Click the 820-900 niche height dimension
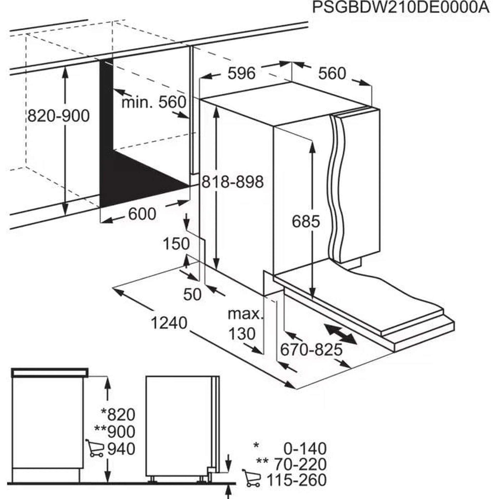[58, 116]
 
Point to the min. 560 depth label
[154, 102]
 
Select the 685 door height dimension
[306, 221]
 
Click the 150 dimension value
[176, 244]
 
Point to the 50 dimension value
[192, 294]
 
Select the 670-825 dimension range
[311, 350]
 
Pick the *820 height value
[118, 415]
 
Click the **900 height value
[115, 432]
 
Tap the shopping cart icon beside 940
[95, 449]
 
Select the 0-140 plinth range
[305, 449]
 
